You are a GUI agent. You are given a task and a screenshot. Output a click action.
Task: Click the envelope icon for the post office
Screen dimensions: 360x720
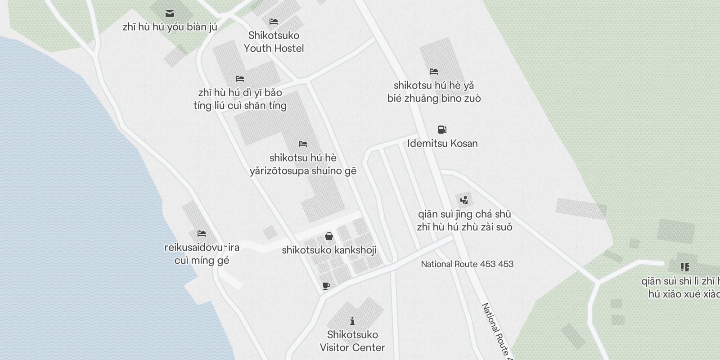[x=170, y=13]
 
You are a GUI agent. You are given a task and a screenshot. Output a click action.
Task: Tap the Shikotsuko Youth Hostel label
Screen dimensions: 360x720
[x=274, y=42]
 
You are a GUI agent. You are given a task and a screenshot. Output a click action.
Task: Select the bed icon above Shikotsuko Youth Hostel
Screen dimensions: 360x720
[x=273, y=22]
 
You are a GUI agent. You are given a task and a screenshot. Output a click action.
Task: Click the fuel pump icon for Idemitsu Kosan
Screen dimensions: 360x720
[x=442, y=130]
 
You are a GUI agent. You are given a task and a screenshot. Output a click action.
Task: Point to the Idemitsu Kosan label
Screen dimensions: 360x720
[x=442, y=144]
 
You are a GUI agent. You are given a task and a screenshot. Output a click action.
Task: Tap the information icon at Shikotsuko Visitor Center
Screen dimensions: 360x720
[x=352, y=321]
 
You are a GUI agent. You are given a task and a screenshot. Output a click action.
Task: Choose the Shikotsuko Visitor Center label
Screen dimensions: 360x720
[x=352, y=341]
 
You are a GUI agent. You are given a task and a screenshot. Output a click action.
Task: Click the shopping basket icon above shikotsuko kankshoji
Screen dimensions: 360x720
[x=329, y=236]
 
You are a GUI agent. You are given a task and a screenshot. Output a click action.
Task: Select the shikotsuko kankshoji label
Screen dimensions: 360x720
[x=329, y=250]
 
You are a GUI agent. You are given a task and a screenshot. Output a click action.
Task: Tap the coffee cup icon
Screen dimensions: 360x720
[x=326, y=286]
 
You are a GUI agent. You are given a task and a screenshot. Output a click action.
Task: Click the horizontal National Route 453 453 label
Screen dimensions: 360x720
[x=467, y=264]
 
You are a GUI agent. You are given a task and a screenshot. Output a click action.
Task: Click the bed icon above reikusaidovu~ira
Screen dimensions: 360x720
[x=201, y=234]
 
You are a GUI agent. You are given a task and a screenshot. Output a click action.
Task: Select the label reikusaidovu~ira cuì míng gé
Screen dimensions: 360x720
[x=202, y=254]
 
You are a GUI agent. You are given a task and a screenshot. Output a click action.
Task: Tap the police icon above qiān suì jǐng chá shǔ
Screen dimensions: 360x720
[x=464, y=200]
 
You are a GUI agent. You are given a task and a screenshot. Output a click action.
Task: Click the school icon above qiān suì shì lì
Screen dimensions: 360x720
[x=685, y=267]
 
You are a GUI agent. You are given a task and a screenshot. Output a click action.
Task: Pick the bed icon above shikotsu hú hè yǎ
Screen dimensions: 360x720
[x=434, y=72]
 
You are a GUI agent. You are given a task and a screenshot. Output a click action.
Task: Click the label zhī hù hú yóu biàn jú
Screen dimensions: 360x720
[x=170, y=27]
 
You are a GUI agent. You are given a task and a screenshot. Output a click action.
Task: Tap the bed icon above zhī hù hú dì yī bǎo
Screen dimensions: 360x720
[x=240, y=79]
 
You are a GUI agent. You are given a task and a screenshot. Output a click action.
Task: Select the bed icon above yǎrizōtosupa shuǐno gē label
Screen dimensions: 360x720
[x=303, y=144]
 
